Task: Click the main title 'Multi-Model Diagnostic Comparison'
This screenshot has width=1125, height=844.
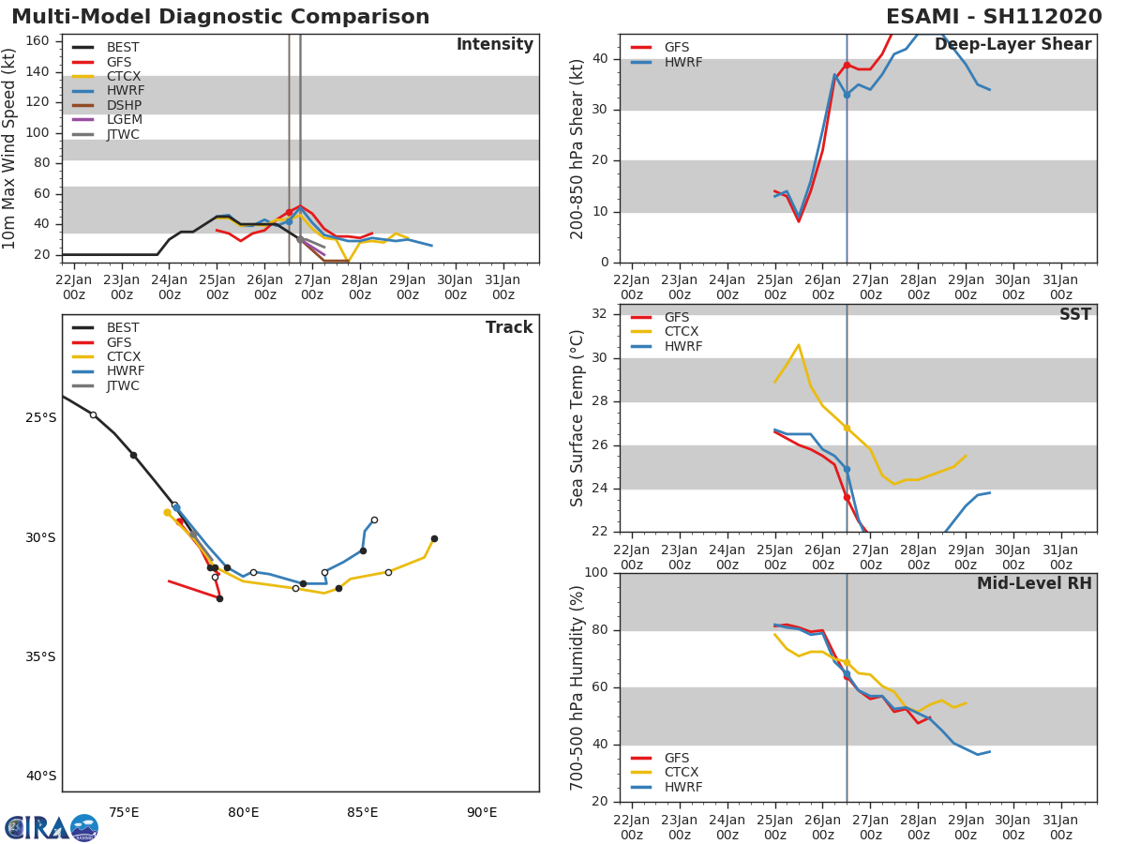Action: tap(220, 17)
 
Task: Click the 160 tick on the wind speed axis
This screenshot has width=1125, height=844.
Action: tap(38, 41)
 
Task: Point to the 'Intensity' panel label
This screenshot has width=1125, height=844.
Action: tap(494, 45)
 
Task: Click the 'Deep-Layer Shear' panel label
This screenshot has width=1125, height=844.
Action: tap(1012, 45)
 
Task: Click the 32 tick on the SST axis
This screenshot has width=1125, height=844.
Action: tap(600, 314)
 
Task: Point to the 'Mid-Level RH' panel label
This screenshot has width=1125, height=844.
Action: tap(1034, 584)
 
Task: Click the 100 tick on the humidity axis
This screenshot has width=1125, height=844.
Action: tap(597, 573)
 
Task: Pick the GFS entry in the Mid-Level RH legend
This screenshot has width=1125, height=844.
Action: tap(676, 758)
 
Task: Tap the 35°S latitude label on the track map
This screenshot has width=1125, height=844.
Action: tap(41, 656)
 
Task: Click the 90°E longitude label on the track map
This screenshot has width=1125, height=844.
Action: tap(482, 812)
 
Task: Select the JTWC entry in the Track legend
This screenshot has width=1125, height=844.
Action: tap(123, 385)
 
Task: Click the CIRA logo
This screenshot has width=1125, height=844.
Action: tap(51, 827)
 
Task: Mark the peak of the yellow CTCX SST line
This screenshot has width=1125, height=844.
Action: tap(798, 345)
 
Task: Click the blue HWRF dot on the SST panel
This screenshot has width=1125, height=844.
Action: tap(847, 469)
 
